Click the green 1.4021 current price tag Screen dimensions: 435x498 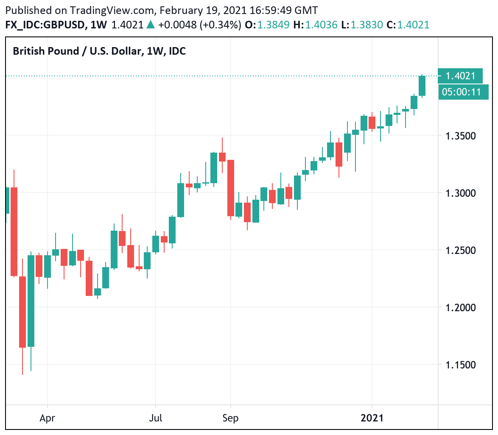[x=460, y=76]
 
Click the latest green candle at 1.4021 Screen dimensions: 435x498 [x=422, y=86]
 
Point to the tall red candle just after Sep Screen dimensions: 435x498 [x=231, y=188]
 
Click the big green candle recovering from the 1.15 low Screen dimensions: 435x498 [x=31, y=301]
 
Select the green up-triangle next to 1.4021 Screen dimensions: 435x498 [x=151, y=25]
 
